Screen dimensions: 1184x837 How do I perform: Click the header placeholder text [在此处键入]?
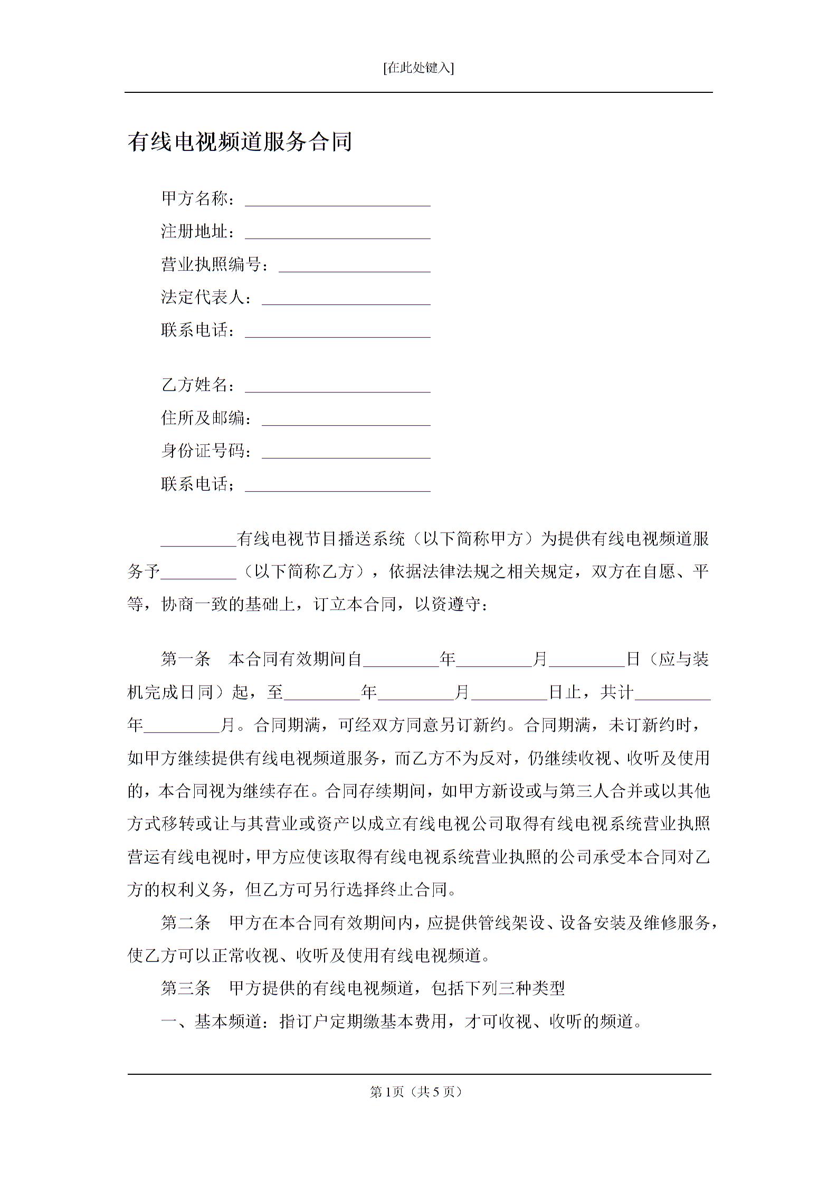(418, 68)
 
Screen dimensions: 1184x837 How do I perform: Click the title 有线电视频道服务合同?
(240, 142)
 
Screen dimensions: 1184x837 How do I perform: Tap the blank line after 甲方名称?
(338, 200)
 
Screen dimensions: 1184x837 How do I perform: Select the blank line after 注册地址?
(338, 233)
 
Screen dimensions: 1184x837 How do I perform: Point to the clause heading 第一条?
(186, 659)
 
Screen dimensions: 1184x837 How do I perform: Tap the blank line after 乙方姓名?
(338, 387)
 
